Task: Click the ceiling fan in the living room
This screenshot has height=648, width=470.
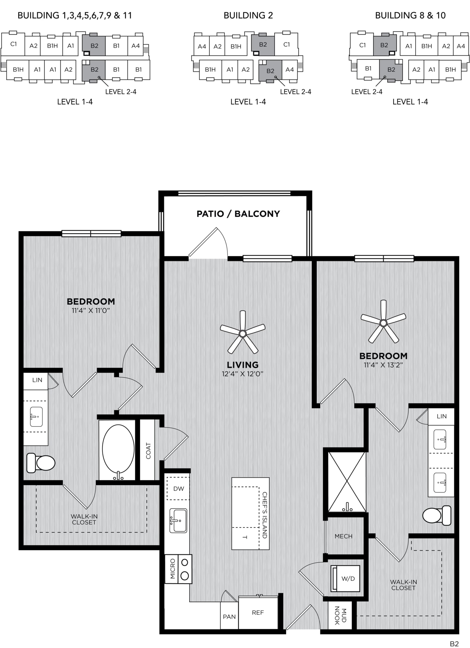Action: [243, 333]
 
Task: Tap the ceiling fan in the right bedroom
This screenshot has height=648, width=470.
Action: [384, 323]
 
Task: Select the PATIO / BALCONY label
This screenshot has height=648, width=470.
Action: [238, 214]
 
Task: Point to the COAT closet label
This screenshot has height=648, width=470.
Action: [148, 451]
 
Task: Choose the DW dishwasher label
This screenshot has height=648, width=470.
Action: [178, 489]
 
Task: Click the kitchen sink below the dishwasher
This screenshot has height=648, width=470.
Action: [178, 521]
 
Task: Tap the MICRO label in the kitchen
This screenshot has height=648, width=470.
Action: [172, 569]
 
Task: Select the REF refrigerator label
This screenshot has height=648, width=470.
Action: [258, 613]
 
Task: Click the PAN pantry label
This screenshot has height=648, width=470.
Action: [229, 617]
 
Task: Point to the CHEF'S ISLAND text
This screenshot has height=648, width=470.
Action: [265, 515]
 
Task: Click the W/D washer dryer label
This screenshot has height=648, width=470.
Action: [348, 579]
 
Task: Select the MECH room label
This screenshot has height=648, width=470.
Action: [343, 536]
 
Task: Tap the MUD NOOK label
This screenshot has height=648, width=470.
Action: [340, 616]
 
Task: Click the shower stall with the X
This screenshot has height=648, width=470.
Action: [347, 482]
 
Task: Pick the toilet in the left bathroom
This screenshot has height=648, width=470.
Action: [41, 463]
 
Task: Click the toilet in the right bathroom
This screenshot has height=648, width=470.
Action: [437, 515]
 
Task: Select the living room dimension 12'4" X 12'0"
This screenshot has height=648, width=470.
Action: [242, 374]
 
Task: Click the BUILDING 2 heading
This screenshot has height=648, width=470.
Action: [248, 15]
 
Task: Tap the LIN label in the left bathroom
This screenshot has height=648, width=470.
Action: [37, 380]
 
